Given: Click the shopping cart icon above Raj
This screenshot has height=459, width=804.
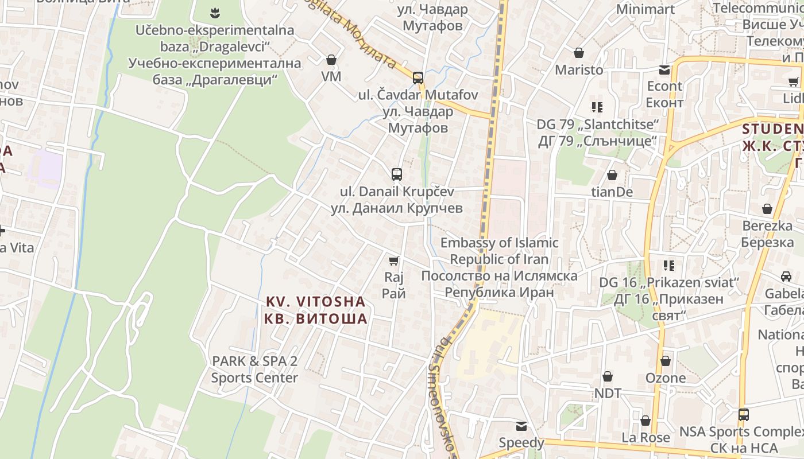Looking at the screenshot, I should (393, 261).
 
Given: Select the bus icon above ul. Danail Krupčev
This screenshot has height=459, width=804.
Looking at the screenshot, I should (396, 174).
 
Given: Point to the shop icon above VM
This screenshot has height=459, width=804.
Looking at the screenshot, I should (331, 60).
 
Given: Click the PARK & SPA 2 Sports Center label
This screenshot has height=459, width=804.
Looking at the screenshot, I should (254, 369).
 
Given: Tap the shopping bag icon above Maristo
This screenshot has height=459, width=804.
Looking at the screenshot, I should (579, 53).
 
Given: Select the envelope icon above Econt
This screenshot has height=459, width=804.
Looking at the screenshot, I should (664, 70).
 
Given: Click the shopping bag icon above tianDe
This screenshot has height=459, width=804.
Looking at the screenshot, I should (612, 174).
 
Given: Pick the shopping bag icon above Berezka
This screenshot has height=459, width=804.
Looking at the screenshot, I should (767, 209).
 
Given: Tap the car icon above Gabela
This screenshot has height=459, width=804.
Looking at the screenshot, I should (786, 277).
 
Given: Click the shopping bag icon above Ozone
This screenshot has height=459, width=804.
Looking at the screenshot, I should (666, 361).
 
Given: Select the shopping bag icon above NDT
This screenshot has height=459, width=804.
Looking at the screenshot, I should (608, 376).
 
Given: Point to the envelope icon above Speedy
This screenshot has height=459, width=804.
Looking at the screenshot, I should (521, 426).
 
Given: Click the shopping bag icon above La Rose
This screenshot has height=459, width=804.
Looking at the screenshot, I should (645, 421).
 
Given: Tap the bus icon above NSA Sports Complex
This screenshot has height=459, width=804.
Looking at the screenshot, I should (744, 414).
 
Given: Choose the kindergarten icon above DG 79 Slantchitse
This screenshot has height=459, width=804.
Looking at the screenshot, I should (597, 107).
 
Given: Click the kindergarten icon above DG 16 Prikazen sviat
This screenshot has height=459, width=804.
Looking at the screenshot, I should (668, 265).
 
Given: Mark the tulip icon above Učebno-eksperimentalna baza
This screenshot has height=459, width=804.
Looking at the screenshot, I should (214, 11).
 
